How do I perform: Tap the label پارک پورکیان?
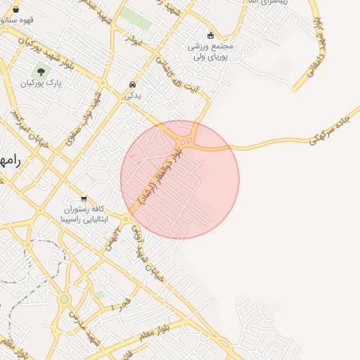tap(41, 83)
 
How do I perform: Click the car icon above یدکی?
tap(132, 84)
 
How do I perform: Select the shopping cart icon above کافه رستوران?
tap(84, 199)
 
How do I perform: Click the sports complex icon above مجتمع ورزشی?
tap(210, 35)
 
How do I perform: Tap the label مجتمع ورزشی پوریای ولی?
tap(210, 51)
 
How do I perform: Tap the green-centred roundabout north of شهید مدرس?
tap(65, 300)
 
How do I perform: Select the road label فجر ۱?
tap(120, 305)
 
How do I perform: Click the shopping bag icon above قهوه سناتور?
tap(16, 9)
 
